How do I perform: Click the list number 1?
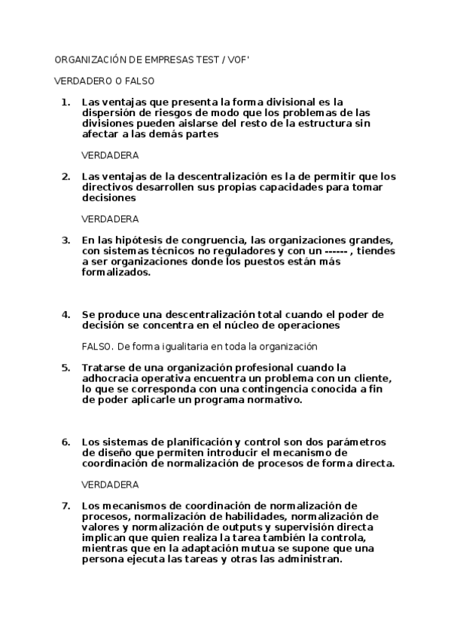(66, 101)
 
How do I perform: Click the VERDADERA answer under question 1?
(109, 155)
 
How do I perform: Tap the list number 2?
(66, 176)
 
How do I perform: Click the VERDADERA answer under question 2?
(109, 219)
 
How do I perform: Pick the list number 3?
(66, 240)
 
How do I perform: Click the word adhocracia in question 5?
(111, 378)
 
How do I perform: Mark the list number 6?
(66, 442)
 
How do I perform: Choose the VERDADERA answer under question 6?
(109, 485)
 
